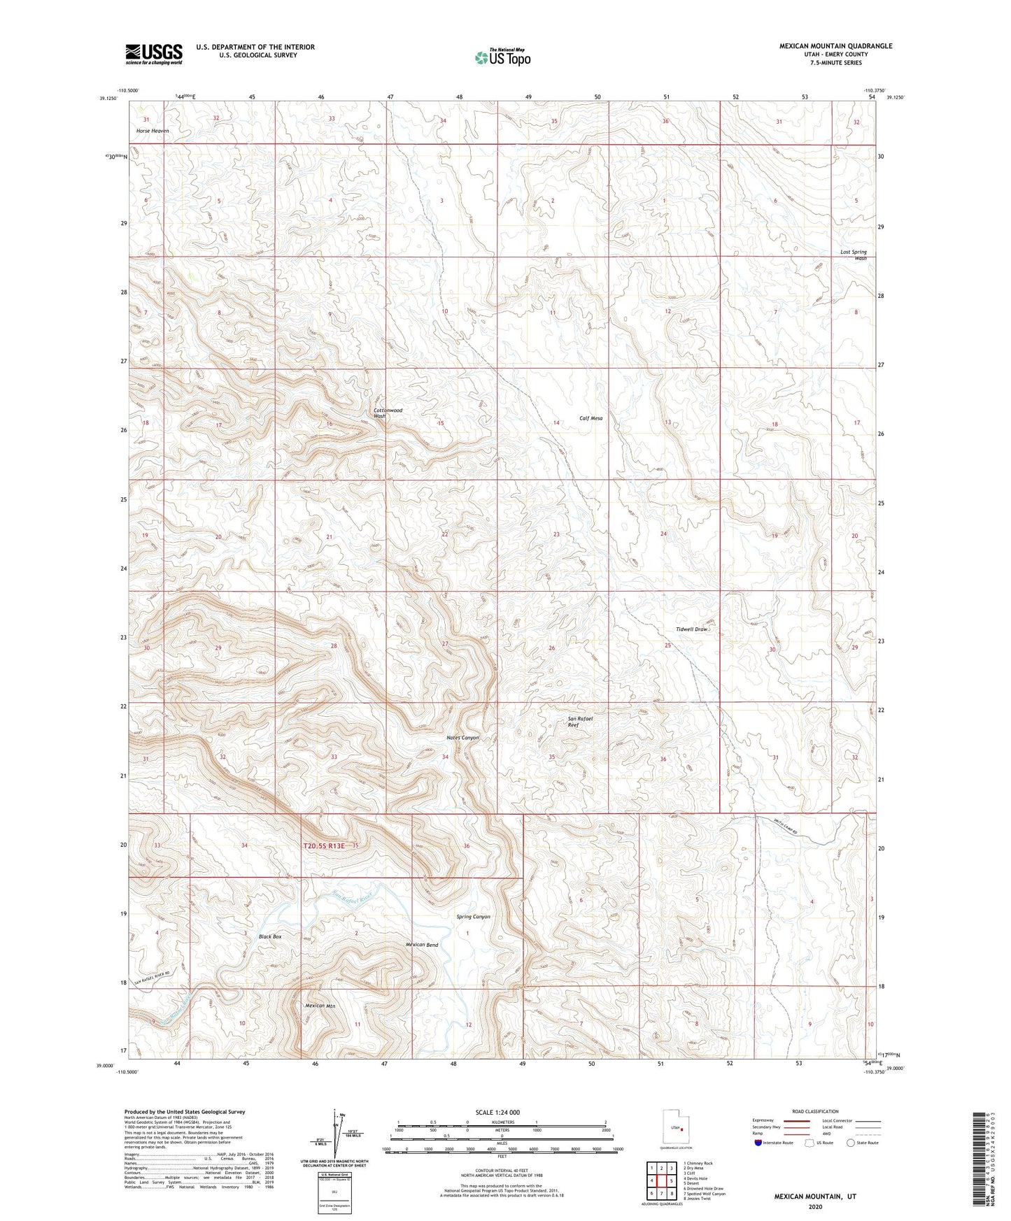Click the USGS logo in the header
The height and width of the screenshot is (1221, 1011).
pyautogui.click(x=154, y=53)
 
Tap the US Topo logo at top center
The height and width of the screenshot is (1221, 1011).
pyautogui.click(x=502, y=57)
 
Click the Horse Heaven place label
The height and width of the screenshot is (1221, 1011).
pyautogui.click(x=152, y=131)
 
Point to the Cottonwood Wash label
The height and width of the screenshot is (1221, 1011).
pyautogui.click(x=387, y=413)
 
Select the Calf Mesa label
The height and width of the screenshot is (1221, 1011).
pyautogui.click(x=591, y=418)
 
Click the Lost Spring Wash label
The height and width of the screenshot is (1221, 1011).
pyautogui.click(x=854, y=255)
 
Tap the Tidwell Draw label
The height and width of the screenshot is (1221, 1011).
pyautogui.click(x=691, y=629)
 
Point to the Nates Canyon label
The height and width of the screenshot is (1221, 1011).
pyautogui.click(x=462, y=738)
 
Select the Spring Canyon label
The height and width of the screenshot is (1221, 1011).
pyautogui.click(x=473, y=916)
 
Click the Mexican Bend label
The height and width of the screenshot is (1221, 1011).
pyautogui.click(x=422, y=945)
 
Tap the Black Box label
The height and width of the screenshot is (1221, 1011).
pyautogui.click(x=269, y=936)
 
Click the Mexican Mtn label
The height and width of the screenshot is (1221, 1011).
pyautogui.click(x=320, y=1006)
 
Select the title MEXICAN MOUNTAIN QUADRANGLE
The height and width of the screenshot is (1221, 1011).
pyautogui.click(x=835, y=46)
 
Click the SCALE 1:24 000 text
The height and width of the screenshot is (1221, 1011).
pyautogui.click(x=497, y=1112)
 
